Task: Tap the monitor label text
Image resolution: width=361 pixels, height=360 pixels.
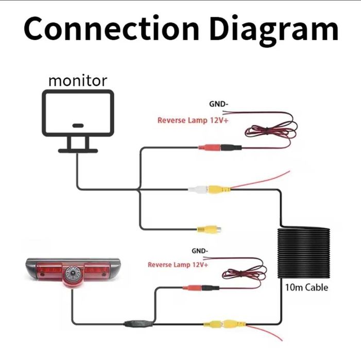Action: coord(78,81)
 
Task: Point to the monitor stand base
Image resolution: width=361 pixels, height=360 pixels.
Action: coord(78,150)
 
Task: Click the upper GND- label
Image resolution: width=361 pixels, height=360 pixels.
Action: coord(218,104)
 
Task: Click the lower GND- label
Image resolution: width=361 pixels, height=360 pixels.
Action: coord(199,251)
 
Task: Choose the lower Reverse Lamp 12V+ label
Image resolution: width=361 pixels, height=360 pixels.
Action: coord(178,265)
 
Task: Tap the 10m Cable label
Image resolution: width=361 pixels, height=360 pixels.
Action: coord(306,287)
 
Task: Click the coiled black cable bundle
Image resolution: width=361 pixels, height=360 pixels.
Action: coord(304,252)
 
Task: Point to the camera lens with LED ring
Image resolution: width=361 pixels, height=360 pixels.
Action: coord(71,271)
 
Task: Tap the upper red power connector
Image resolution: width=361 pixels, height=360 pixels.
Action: coord(209,148)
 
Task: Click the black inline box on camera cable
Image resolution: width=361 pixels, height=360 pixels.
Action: coord(139,324)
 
